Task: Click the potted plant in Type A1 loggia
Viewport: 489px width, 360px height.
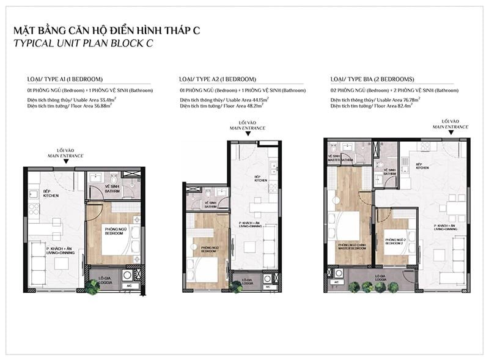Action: point(92,286)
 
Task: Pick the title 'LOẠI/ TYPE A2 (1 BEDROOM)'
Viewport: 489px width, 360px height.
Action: point(218,79)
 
